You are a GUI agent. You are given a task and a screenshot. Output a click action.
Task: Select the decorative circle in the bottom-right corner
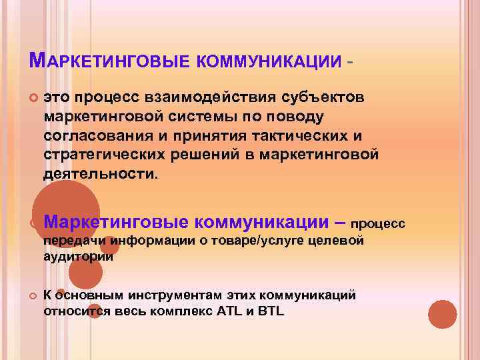click(x=442, y=314)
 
